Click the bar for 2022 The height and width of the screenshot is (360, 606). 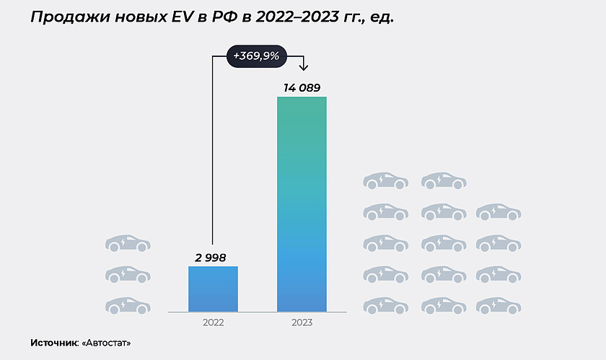click(x=213, y=289)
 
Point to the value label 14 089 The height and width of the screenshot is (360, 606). click(x=302, y=88)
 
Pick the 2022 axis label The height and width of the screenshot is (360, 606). click(x=213, y=322)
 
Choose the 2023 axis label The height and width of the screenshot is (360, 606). click(x=302, y=322)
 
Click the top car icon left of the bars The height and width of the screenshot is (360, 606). click(x=128, y=243)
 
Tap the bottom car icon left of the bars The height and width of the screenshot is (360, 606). click(x=128, y=305)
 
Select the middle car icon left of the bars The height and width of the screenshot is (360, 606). click(x=128, y=274)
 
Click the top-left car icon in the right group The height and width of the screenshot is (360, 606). click(x=385, y=180)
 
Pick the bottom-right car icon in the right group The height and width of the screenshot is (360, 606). click(x=499, y=305)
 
